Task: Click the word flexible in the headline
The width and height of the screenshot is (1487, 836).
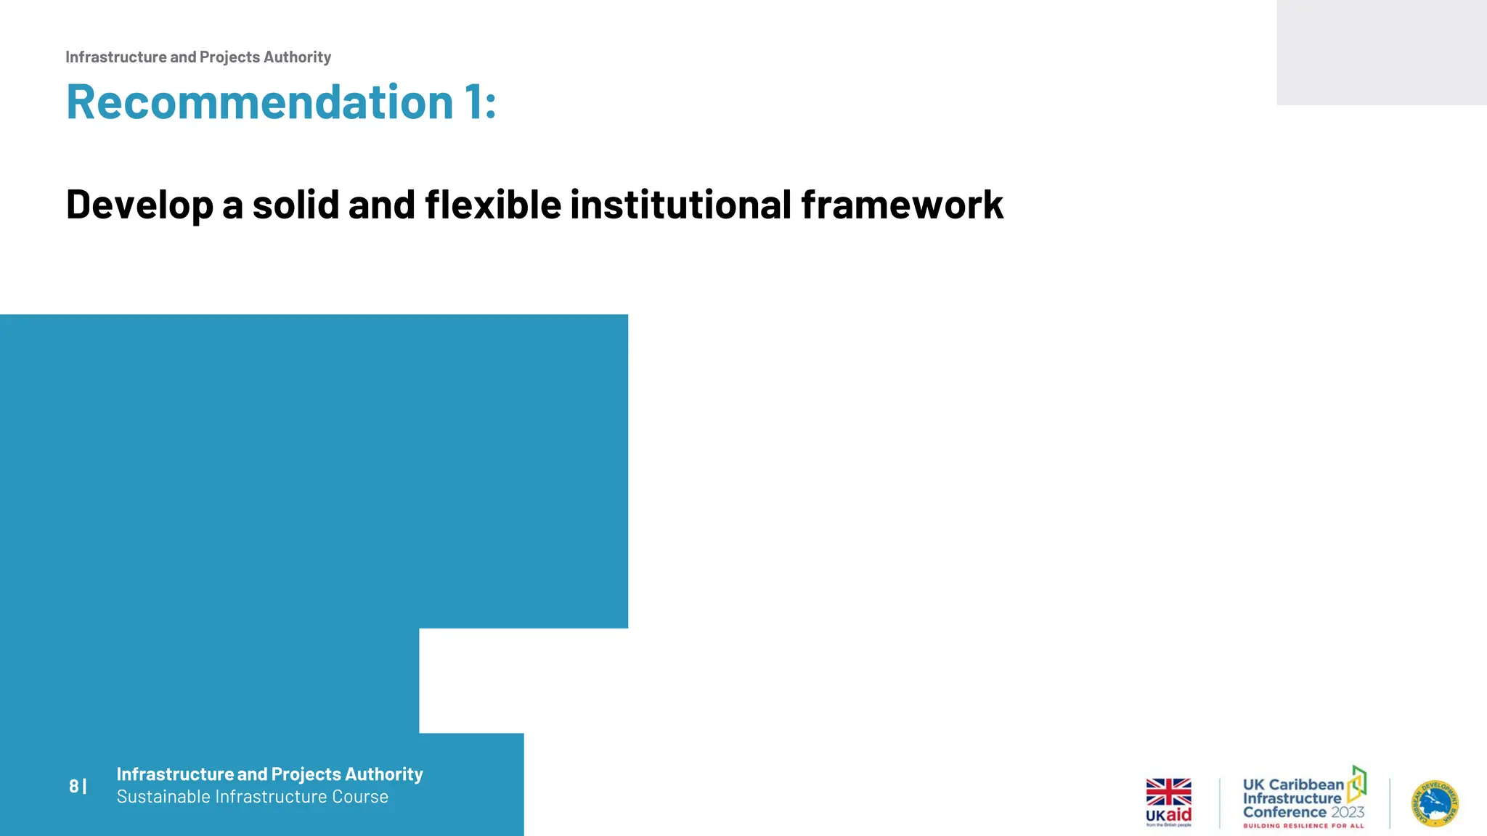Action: (493, 205)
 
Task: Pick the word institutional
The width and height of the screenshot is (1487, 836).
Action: (680, 205)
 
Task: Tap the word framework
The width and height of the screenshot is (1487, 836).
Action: (902, 205)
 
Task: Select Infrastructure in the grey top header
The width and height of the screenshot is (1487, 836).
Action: (115, 57)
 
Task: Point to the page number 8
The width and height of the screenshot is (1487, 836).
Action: (73, 786)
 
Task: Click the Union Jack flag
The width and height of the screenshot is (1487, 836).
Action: (1168, 792)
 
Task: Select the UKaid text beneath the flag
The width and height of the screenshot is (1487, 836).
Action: (1168, 815)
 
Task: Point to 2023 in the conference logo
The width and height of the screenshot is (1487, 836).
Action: (1348, 812)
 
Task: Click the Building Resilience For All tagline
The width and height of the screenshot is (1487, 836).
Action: (1303, 826)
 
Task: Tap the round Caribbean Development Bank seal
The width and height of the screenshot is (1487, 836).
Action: (1435, 803)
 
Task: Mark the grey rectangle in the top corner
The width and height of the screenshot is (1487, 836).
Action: (1381, 52)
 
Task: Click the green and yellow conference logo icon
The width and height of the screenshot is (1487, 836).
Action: (1357, 784)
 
